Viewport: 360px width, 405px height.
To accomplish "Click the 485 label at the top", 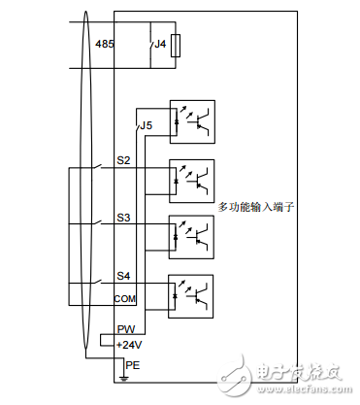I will click(105, 45).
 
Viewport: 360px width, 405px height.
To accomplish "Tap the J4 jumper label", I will click(159, 44).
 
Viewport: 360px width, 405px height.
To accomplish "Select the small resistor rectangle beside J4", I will click(175, 46).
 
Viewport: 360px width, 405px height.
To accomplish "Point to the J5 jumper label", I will click(146, 126).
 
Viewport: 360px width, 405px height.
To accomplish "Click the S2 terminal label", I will click(124, 160).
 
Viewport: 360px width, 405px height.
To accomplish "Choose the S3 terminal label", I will click(124, 219).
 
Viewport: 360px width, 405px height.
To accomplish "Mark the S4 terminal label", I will click(124, 277).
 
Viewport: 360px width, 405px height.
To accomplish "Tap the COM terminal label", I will click(126, 297).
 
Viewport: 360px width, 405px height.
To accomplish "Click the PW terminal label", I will click(124, 330).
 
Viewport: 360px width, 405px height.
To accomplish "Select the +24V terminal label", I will click(128, 344).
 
